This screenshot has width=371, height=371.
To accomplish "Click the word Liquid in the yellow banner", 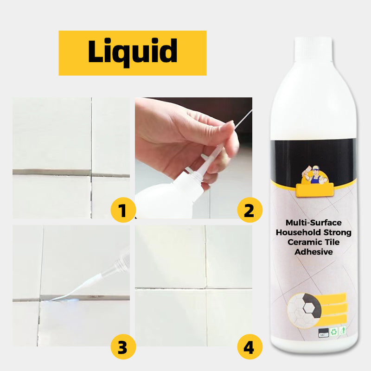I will coord(133,52).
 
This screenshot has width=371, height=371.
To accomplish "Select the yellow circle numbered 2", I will coord(249,211).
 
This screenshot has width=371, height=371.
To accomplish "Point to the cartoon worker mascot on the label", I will coord(314,171).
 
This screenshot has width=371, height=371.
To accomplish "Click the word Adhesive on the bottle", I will coord(313,252).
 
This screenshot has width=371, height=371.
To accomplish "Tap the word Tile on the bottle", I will coord(334,242).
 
